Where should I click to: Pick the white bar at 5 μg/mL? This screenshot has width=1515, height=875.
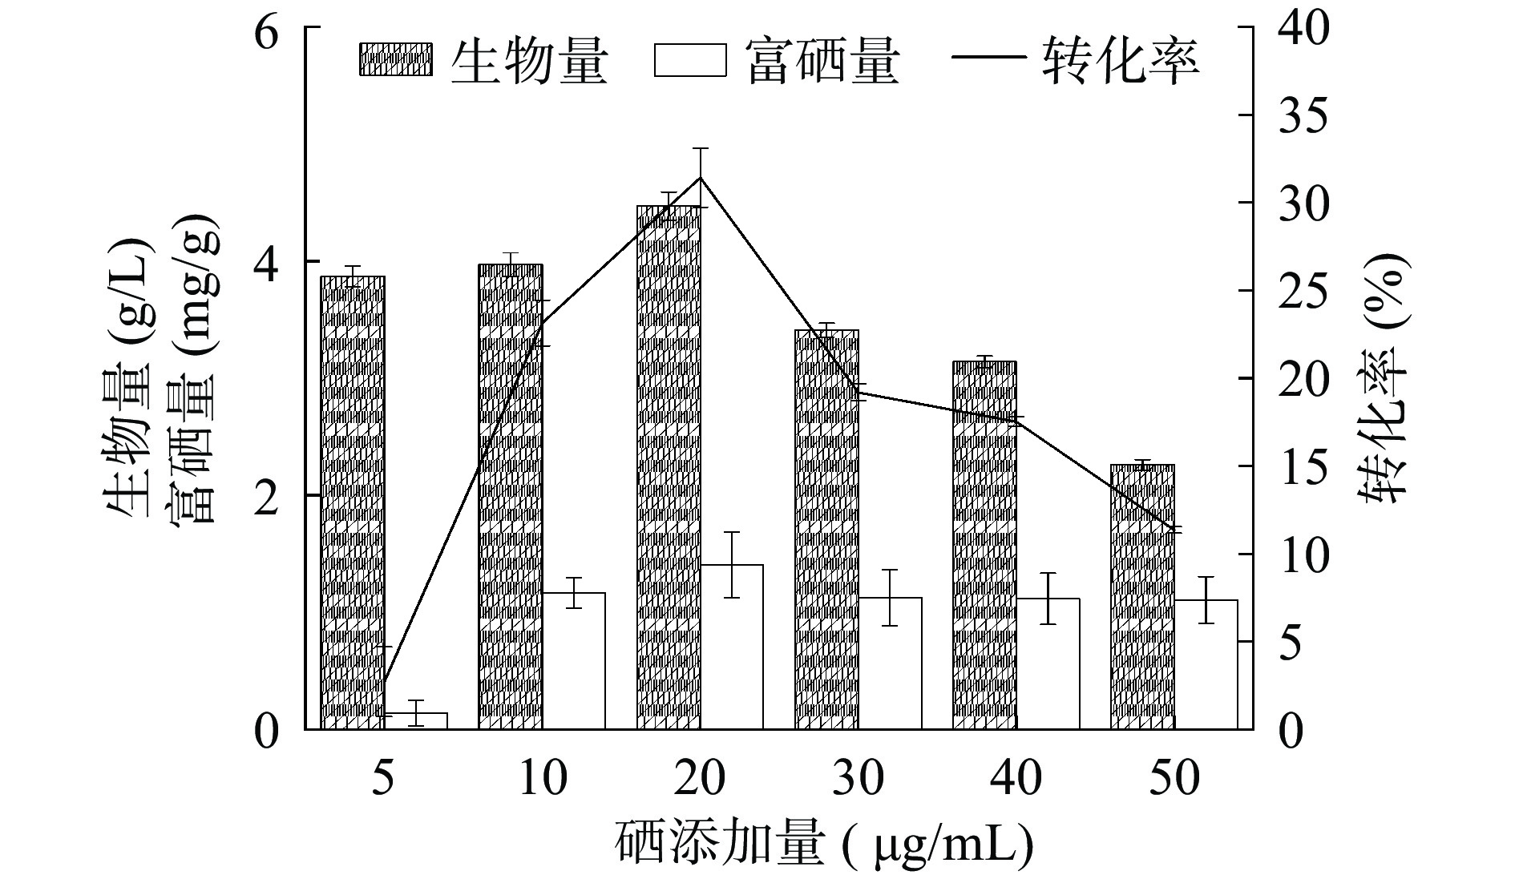point(416,720)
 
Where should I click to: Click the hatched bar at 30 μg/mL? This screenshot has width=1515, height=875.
point(826,529)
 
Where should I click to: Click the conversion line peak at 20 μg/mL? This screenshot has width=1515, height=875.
point(701,178)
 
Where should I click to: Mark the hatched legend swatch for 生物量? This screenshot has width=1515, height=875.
point(395,60)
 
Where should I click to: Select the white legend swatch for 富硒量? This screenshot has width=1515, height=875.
point(689,60)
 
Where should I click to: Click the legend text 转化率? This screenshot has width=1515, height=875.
point(1121,60)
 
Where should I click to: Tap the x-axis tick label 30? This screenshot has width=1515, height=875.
point(858,778)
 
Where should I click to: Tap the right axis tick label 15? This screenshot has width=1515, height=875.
point(1302,466)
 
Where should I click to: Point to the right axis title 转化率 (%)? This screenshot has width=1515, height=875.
point(1384,377)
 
